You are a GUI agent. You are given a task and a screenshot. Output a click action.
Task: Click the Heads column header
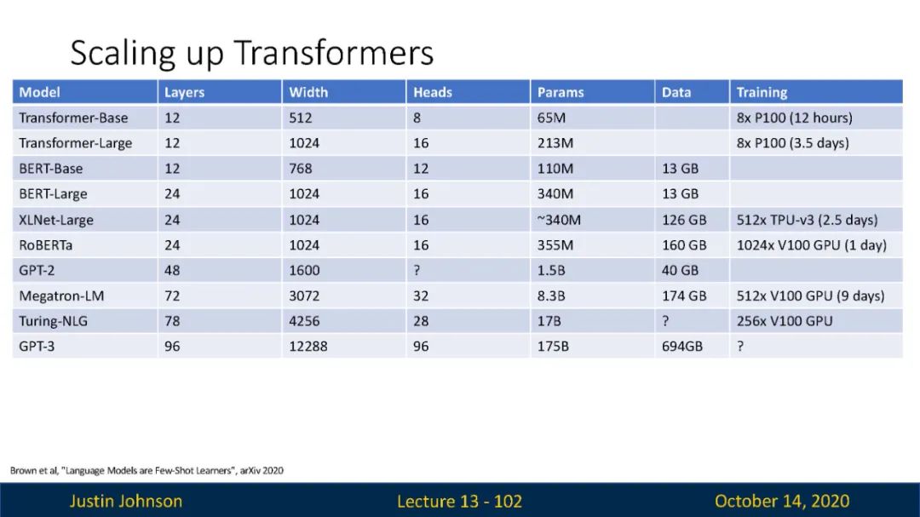[433, 92]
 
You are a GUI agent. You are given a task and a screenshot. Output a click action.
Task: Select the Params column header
[561, 92]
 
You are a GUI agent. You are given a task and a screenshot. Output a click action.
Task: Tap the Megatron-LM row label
[61, 296]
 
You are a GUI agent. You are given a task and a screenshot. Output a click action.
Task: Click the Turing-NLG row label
[53, 321]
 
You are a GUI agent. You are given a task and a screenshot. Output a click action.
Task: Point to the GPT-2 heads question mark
[417, 271]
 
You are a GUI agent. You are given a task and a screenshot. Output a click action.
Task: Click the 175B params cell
[553, 347]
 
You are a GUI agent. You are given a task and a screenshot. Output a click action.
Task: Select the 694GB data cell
[681, 347]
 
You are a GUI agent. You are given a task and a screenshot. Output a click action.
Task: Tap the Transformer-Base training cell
[795, 118]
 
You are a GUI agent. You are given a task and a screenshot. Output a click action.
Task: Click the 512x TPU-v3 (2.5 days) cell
[807, 220]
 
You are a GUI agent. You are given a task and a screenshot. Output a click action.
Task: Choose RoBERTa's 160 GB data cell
[684, 245]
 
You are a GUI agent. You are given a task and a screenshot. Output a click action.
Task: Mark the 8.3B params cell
[551, 296]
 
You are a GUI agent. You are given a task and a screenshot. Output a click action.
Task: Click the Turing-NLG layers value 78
[172, 321]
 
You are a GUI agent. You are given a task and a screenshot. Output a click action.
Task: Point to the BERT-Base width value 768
[301, 169]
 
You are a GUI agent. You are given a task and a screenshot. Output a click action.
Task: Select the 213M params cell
[555, 143]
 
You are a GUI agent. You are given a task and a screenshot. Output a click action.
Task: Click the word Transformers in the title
[333, 52]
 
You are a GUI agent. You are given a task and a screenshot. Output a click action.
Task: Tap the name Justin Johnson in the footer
[126, 501]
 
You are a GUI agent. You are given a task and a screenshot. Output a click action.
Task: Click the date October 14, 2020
[781, 501]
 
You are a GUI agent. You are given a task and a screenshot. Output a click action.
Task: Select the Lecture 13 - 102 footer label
[459, 501]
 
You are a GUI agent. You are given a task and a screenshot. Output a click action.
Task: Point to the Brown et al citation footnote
[147, 470]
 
